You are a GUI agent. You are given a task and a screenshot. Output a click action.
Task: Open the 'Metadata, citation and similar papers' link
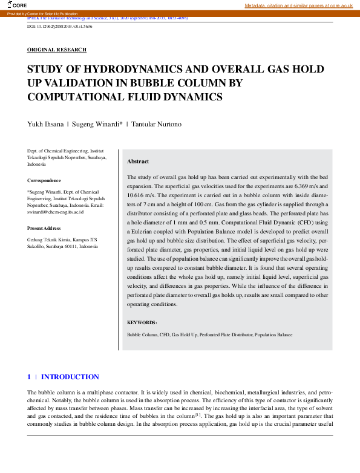coord(298,5)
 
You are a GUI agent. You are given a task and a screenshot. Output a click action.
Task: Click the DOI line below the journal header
coord(60,27)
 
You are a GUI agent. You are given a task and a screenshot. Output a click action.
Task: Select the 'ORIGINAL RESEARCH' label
coord(57,50)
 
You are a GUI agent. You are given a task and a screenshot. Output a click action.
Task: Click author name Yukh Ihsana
coord(44,124)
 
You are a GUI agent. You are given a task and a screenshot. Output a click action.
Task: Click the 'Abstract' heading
coord(138,161)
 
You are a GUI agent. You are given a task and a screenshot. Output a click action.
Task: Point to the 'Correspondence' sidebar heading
coord(44,180)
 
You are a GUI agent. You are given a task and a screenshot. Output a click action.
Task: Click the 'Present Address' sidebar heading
coord(44,228)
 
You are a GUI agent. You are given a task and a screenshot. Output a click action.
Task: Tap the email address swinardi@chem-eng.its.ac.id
coord(55,212)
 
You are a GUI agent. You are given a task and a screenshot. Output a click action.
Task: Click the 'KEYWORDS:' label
coord(142,323)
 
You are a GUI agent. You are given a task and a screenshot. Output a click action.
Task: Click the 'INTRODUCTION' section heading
coord(70,377)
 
